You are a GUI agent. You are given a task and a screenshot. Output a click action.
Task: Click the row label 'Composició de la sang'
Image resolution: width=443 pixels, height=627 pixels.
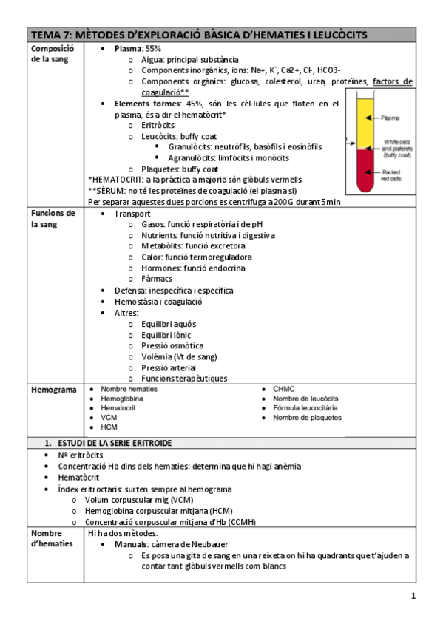51,53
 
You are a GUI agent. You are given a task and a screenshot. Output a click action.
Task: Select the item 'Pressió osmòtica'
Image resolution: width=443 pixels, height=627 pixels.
172,345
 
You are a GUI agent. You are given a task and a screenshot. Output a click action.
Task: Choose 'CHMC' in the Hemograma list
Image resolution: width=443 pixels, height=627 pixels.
283,388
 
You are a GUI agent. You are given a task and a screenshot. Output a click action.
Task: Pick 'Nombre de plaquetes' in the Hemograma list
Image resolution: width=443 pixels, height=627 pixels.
307,418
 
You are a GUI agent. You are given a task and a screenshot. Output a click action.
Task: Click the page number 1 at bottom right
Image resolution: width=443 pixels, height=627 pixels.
414,596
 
